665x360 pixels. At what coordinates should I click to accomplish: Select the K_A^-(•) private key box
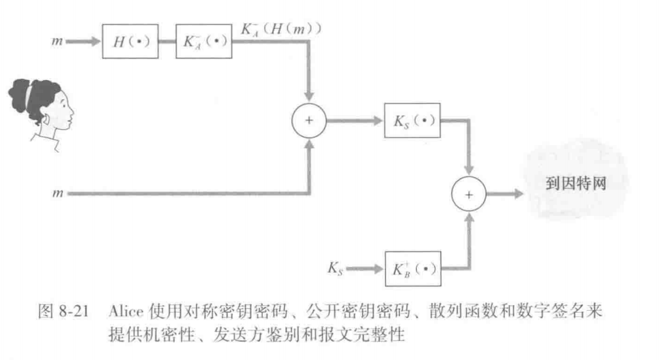(x=204, y=42)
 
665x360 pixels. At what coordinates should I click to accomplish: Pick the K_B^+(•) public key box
(x=413, y=268)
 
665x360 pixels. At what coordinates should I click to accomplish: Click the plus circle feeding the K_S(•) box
(x=308, y=120)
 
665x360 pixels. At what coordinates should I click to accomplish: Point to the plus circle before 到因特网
(x=469, y=194)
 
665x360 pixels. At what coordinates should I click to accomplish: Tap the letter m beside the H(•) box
(x=58, y=43)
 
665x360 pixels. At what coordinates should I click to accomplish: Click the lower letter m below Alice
(x=58, y=194)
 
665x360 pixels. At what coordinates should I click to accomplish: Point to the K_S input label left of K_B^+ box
(x=336, y=268)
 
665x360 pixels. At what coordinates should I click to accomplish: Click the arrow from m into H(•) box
(x=84, y=43)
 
